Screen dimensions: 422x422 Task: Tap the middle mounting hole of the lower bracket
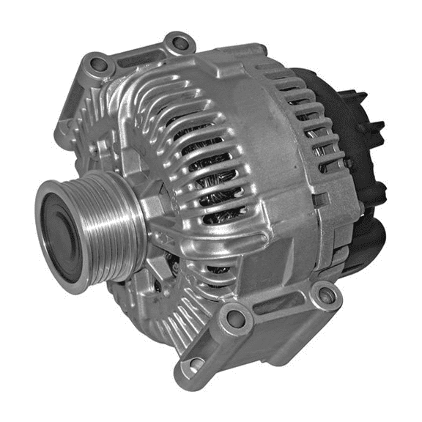tap(235, 317)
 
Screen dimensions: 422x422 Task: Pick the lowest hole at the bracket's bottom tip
tap(193, 364)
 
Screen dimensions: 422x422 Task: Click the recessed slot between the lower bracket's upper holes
tap(278, 308)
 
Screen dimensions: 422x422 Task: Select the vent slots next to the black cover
tap(315, 125)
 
